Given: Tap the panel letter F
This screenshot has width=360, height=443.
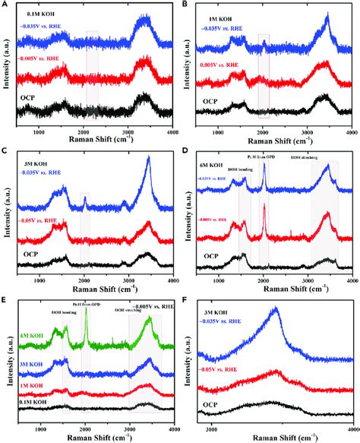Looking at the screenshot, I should [186, 301].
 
